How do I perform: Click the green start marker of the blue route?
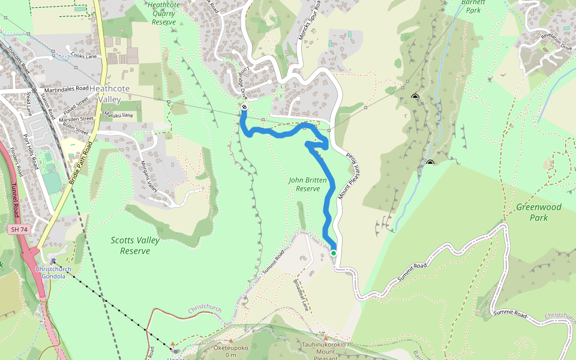point(334,253)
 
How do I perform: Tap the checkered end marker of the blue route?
point(244,107)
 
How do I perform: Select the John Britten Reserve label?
point(308,184)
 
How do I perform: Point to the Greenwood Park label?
point(539,212)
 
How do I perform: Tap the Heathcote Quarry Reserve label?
point(163,13)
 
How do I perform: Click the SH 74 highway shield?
point(19,230)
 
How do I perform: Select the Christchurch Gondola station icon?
point(53,261)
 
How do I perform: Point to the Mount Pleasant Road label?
point(352,178)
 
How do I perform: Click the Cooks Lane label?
point(84,55)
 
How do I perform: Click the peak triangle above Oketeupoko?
point(230,341)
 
